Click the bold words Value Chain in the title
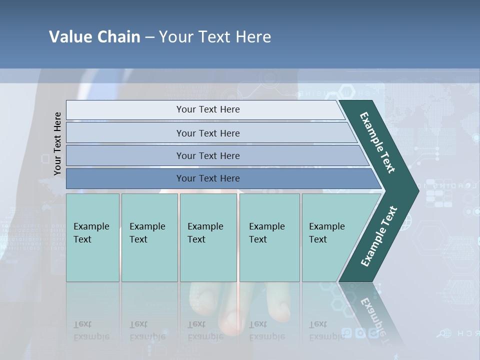click(x=94, y=37)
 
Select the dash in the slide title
click(x=149, y=37)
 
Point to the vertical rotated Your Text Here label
click(x=57, y=143)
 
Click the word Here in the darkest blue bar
click(x=229, y=178)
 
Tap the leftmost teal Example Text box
click(x=92, y=237)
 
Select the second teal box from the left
click(x=149, y=237)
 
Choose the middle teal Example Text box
click(x=208, y=237)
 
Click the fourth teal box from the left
click(x=269, y=237)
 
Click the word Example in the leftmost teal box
click(x=91, y=226)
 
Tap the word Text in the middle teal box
click(x=196, y=239)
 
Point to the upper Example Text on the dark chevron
click(x=377, y=142)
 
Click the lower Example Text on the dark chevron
click(x=379, y=236)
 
